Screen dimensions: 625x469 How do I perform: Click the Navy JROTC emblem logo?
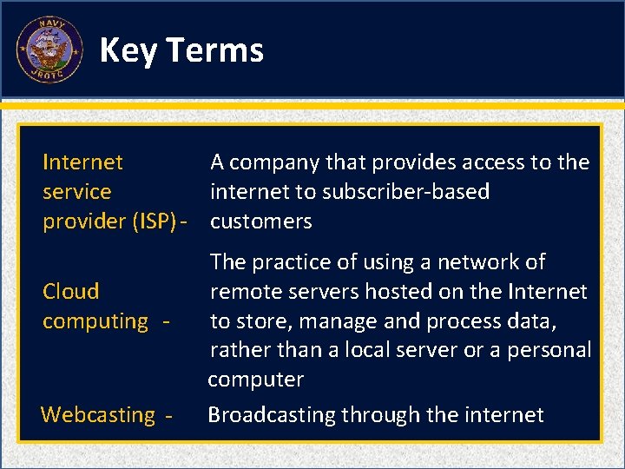click(49, 50)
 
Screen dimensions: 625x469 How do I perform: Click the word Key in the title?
click(128, 50)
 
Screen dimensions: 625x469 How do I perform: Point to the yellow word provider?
click(83, 221)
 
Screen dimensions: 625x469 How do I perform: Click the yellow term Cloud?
click(71, 291)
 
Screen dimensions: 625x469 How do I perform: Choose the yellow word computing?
click(95, 321)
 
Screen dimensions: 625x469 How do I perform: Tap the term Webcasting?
click(97, 415)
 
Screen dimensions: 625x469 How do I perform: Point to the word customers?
click(260, 221)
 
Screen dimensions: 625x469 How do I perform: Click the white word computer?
click(255, 380)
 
